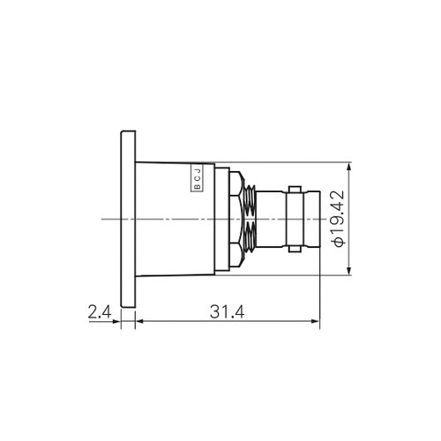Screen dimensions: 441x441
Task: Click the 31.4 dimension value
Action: point(227,312)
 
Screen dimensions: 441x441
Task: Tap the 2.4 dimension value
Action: point(100,312)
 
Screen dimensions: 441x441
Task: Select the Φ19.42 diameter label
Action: point(337,219)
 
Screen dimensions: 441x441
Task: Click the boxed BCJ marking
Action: point(198,177)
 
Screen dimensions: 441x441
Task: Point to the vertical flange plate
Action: point(128,220)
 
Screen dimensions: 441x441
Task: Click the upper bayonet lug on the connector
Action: point(295,190)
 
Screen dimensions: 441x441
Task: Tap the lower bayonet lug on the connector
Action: point(295,249)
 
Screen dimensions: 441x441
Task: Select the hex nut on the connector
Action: point(236,220)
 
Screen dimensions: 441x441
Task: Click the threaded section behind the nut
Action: point(250,220)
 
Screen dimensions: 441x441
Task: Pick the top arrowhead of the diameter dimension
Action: point(349,167)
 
